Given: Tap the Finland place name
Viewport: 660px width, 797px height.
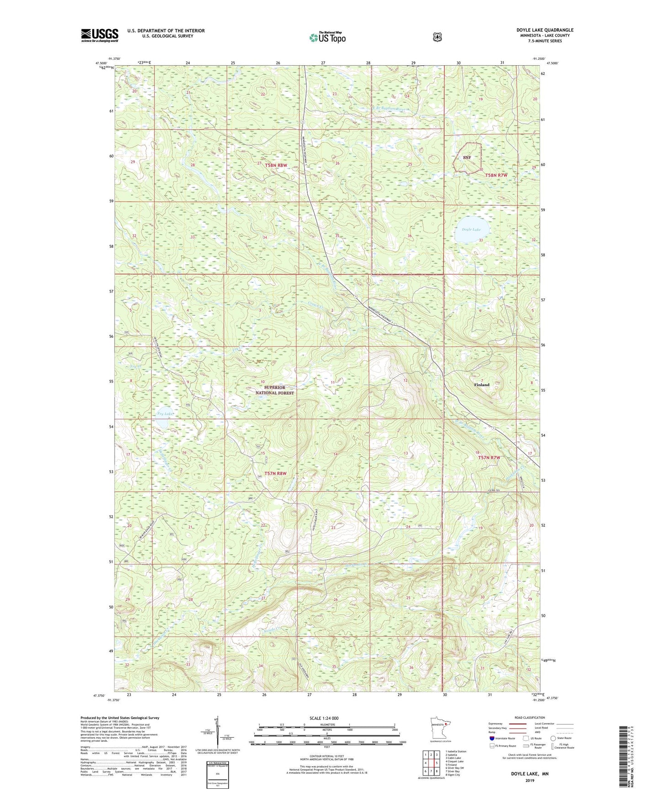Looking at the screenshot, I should [x=481, y=385].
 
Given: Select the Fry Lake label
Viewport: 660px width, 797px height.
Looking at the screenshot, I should [x=165, y=414].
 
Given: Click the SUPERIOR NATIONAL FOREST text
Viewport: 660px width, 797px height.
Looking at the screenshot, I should [x=275, y=390].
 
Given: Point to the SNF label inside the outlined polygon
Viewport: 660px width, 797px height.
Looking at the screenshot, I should [x=467, y=157].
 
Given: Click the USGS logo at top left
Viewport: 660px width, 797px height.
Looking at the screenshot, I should [x=100, y=35].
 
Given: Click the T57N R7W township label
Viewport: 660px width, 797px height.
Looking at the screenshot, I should [x=490, y=457].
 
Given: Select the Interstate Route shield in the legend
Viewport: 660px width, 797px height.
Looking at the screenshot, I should [x=491, y=738].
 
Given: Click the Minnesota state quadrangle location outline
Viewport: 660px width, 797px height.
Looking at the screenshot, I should [x=438, y=729].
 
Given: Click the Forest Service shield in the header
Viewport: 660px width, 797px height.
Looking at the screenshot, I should [x=437, y=37].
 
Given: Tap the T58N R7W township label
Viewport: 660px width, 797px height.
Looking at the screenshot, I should [x=496, y=175].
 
